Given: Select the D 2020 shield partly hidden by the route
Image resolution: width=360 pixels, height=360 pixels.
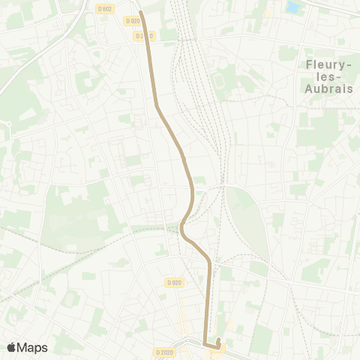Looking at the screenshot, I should [147, 35].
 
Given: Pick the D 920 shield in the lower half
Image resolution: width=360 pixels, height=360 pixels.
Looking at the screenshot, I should [174, 282].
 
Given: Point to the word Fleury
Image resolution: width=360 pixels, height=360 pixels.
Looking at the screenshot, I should [324, 65].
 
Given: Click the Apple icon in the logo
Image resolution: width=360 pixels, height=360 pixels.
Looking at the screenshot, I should [11, 346].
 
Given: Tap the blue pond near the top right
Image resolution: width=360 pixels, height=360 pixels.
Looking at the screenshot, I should [292, 7].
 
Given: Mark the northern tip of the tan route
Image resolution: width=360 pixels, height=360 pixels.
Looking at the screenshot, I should [141, 12].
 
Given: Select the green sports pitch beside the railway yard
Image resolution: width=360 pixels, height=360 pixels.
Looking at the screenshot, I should [220, 80].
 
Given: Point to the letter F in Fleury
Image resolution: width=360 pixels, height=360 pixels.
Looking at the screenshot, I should [308, 65].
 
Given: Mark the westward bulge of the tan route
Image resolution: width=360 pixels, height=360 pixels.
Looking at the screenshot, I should [181, 229].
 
